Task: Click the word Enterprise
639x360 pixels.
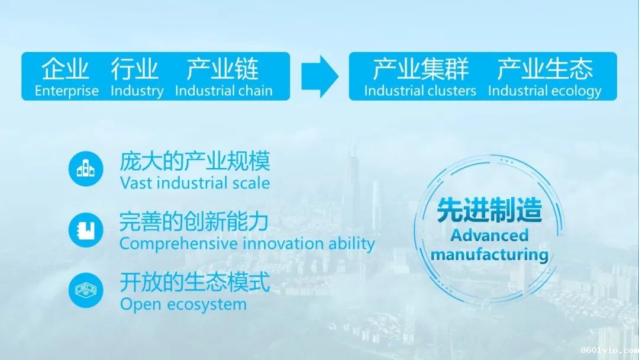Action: tap(67, 91)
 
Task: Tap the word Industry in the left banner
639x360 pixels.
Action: tap(137, 91)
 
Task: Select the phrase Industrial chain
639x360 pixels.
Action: tap(224, 91)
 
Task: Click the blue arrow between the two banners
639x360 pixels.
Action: tap(320, 76)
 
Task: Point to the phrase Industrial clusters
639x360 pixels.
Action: tap(420, 91)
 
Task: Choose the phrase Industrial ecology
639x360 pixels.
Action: tap(545, 91)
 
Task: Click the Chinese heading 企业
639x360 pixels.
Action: tap(65, 69)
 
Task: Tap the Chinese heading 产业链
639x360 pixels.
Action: tap(222, 69)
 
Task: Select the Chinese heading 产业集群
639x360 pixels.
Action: tap(421, 69)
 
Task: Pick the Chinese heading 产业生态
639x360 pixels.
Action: tap(545, 69)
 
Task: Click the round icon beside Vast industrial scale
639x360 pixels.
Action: tap(86, 169)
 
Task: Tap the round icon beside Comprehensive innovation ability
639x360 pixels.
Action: tap(86, 230)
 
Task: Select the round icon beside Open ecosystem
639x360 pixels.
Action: tap(86, 290)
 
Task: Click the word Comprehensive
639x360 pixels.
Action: tap(179, 244)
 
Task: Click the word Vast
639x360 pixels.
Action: tap(136, 183)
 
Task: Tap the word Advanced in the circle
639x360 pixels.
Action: tap(489, 235)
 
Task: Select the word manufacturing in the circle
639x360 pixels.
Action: tap(489, 255)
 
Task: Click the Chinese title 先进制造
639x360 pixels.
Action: tap(489, 210)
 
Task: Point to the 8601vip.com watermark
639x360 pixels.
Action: tap(609, 350)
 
